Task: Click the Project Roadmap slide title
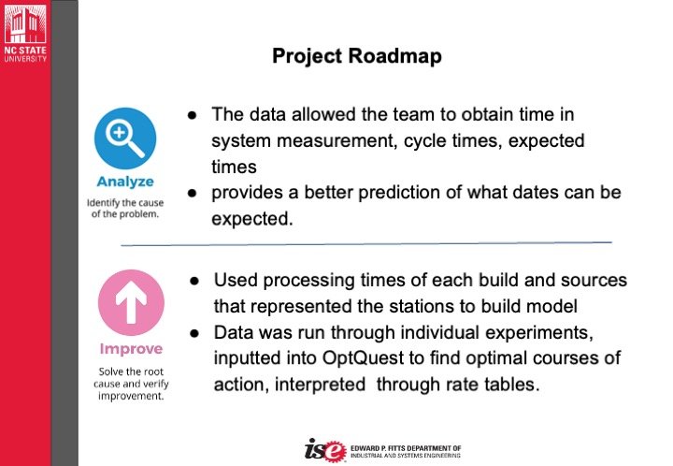tap(357, 57)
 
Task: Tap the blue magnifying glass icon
tap(125, 138)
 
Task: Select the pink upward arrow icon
tap(131, 302)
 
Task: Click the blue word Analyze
tap(125, 182)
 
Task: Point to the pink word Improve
tap(131, 349)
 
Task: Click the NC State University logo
tap(25, 32)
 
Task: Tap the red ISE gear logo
tap(326, 450)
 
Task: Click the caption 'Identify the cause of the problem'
tap(125, 209)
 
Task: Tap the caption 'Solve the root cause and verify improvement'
tap(131, 384)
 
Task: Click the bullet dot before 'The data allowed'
tap(193, 115)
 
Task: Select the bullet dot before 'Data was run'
tap(194, 333)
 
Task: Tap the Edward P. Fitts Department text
tap(406, 452)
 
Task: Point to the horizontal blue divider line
tap(366, 244)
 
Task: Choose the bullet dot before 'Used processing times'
tap(194, 281)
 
